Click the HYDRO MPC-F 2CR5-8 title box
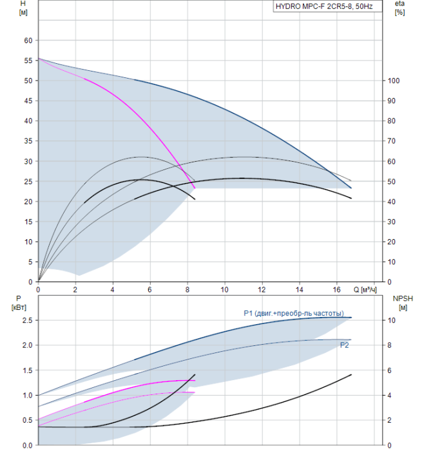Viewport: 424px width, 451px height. [327, 6]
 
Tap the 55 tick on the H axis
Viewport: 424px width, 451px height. [28, 61]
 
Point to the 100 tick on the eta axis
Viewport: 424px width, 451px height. [394, 81]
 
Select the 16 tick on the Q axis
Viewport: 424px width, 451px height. [336, 289]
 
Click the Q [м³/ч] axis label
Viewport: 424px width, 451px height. [365, 289]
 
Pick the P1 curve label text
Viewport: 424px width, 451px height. [294, 313]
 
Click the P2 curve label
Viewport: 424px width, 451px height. [344, 345]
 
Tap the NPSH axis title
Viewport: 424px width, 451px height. [403, 303]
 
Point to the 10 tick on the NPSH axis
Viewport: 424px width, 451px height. [391, 320]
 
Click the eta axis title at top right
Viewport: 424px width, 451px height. [400, 8]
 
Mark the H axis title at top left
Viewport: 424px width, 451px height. [23, 8]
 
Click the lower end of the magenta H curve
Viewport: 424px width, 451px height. [195, 188]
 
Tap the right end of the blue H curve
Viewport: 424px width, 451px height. [351, 188]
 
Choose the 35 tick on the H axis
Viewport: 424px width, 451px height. [28, 141]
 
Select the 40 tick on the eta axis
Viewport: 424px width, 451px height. [391, 202]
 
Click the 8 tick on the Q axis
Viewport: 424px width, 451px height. [188, 289]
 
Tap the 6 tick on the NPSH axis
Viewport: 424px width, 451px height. [389, 370]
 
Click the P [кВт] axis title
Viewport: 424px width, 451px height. [19, 303]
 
